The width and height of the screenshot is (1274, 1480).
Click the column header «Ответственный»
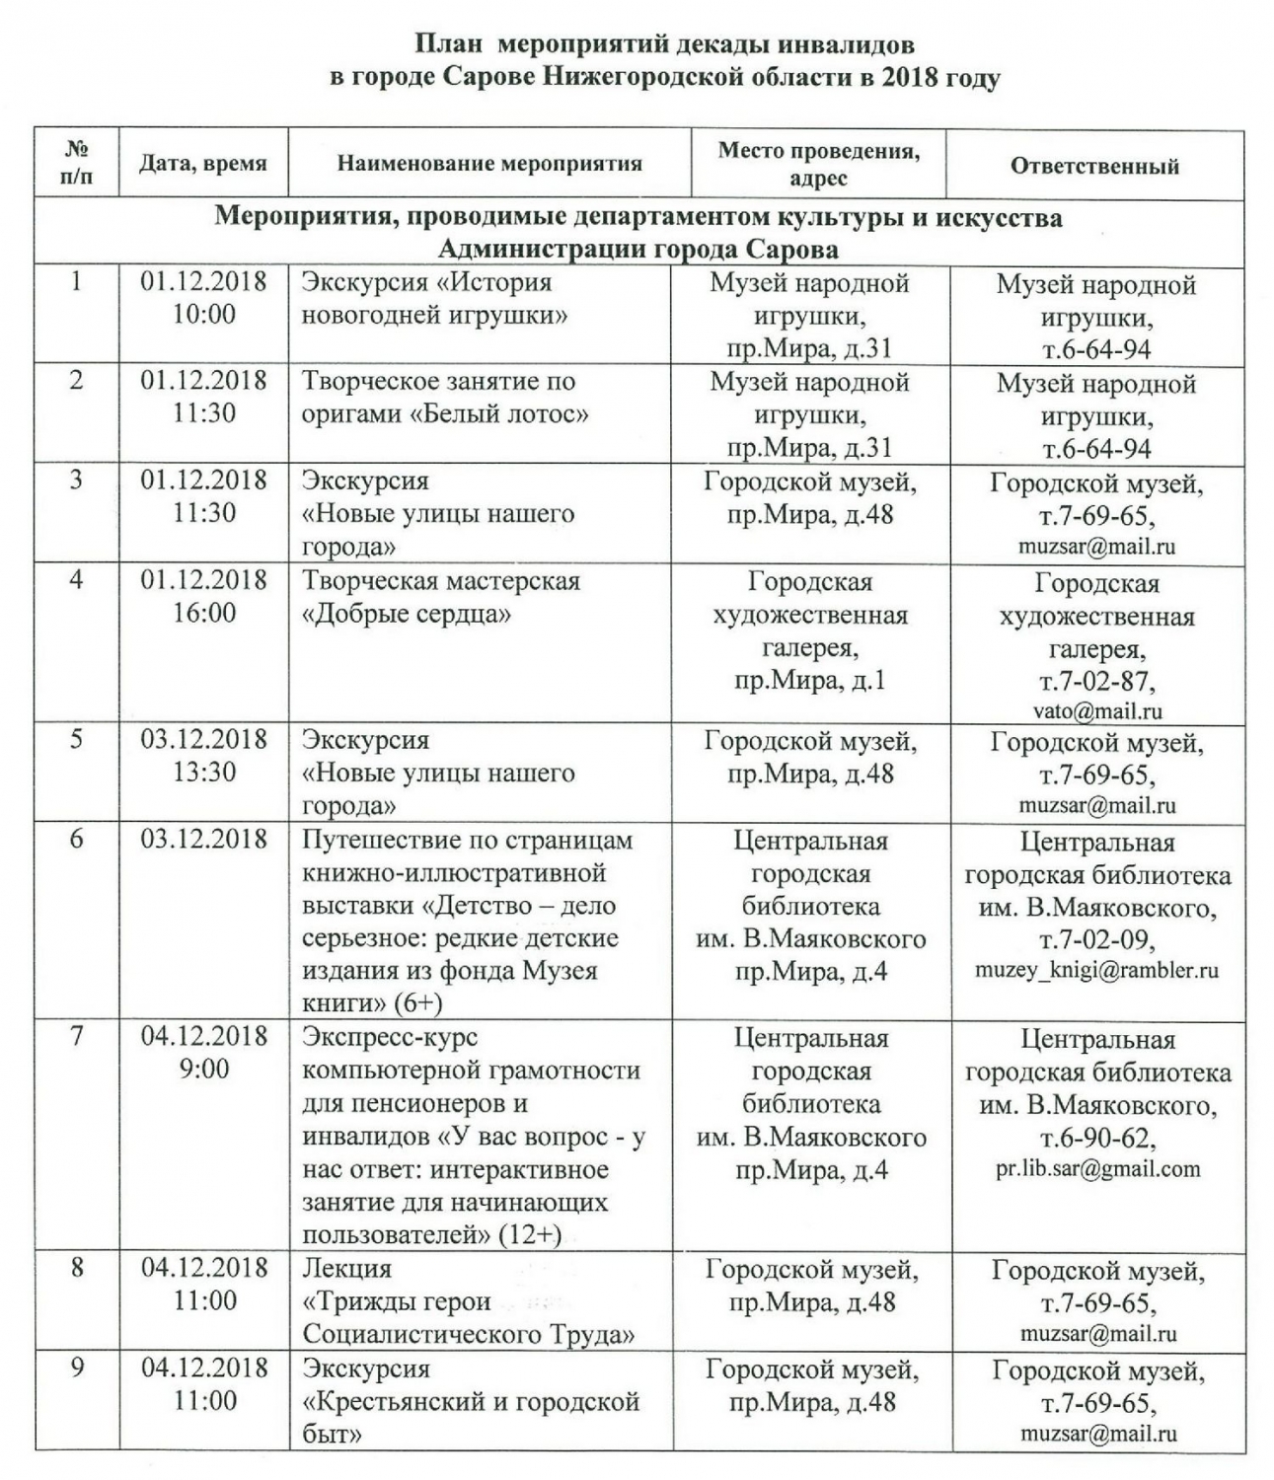1093,165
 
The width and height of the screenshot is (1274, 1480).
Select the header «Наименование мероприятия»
489,163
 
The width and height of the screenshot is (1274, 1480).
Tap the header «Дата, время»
202,163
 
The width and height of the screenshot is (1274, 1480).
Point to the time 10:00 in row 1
204,315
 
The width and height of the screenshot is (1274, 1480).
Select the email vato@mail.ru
1096,710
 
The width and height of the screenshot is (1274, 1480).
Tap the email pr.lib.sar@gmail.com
1097,1169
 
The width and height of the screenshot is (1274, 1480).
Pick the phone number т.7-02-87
1096,681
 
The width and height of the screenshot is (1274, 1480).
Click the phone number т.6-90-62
1096,1138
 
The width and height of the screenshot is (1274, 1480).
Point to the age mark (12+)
530,1234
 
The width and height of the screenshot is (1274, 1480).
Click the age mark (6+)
417,1002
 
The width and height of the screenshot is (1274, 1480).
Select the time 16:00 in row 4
204,613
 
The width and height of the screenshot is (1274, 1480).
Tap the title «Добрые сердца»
407,614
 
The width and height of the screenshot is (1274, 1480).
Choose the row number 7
76,1036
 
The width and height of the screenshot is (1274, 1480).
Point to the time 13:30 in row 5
204,773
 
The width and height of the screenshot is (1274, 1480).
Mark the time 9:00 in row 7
204,1069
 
